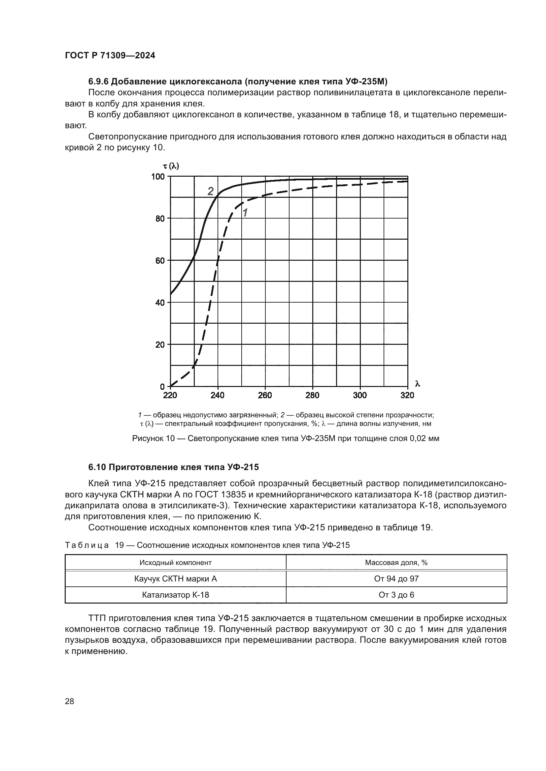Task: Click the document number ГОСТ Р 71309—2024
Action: [110, 56]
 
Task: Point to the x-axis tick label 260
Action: [265, 395]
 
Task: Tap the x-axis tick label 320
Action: [407, 395]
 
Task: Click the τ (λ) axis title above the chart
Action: [171, 165]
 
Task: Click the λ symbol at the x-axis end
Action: [418, 384]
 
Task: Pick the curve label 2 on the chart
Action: [211, 192]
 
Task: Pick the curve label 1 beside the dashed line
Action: [245, 213]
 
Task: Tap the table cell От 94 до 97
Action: [396, 578]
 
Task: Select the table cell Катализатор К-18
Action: [176, 595]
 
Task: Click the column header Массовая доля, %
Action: [396, 562]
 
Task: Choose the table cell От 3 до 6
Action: [396, 595]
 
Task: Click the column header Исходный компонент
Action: [176, 562]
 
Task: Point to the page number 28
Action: [70, 701]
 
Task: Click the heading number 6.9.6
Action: [98, 82]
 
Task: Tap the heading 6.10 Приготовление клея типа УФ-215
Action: [174, 467]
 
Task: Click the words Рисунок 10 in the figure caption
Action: [153, 438]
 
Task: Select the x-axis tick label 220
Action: [170, 395]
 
